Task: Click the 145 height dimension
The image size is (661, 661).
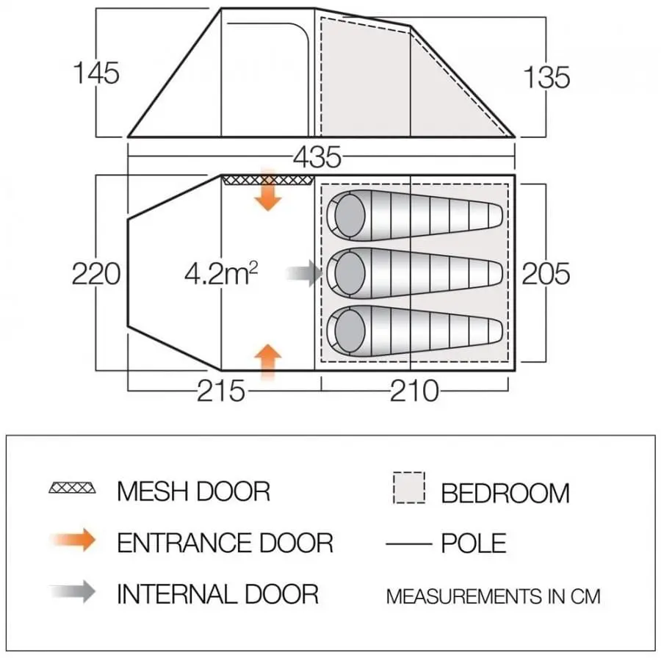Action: coord(95,74)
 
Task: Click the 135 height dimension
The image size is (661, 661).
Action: coord(547,76)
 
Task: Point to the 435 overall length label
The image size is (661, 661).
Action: coord(317,156)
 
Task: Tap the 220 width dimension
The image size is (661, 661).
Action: coord(95,274)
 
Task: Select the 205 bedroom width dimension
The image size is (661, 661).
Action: coord(546,273)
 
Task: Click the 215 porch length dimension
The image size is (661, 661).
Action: coord(220,391)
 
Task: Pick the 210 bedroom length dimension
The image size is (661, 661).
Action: coord(414,391)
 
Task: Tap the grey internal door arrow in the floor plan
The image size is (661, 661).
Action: coord(305,275)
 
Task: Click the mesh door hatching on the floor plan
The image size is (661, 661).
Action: coord(267,180)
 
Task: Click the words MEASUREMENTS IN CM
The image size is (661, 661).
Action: coord(493,596)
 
